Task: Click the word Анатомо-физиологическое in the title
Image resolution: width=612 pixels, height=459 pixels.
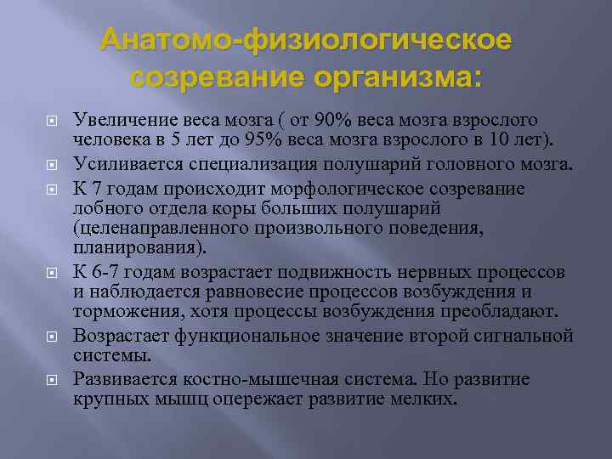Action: point(306,40)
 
